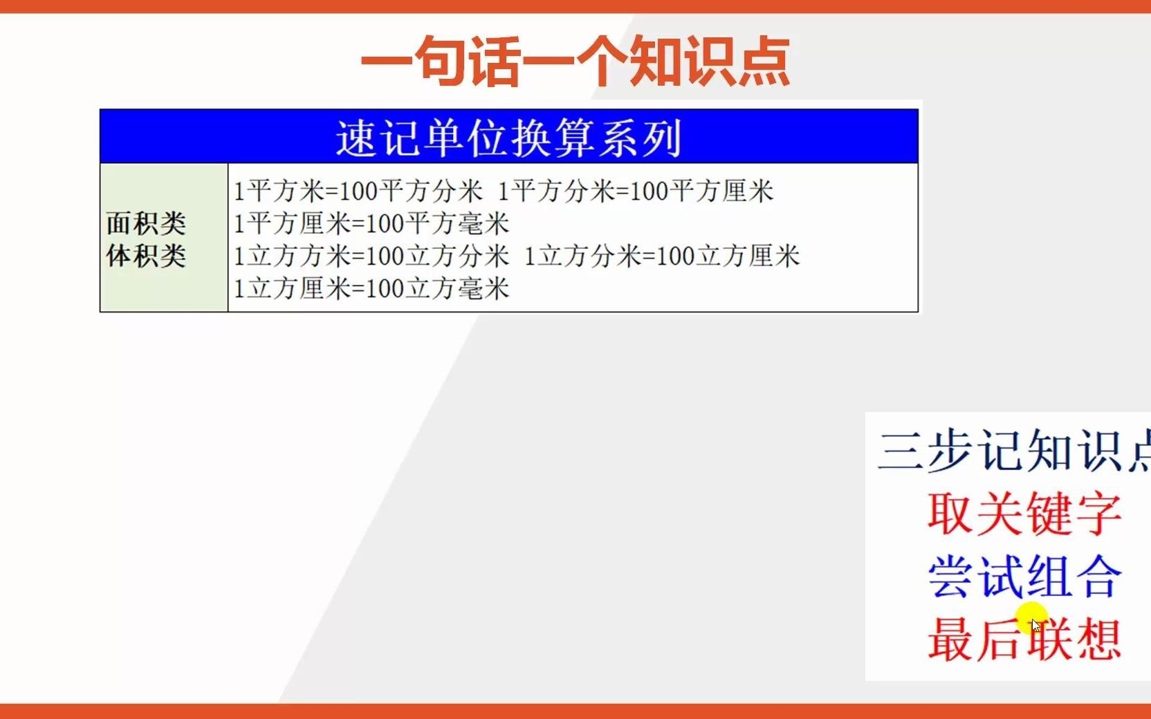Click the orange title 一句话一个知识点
click(x=575, y=62)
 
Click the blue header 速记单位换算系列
click(x=509, y=137)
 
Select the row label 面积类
click(x=146, y=223)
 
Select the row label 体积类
click(x=146, y=256)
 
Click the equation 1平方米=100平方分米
click(x=358, y=191)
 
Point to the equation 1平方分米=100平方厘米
click(x=635, y=191)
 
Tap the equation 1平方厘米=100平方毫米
click(x=371, y=223)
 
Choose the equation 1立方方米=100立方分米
click(x=371, y=256)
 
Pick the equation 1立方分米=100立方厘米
click(x=662, y=256)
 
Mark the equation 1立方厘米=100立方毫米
click(x=371, y=288)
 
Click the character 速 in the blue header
click(x=356, y=138)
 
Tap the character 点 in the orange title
click(x=763, y=62)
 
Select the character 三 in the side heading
click(x=901, y=451)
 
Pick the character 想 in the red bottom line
click(x=1098, y=639)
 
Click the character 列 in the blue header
click(x=662, y=138)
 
